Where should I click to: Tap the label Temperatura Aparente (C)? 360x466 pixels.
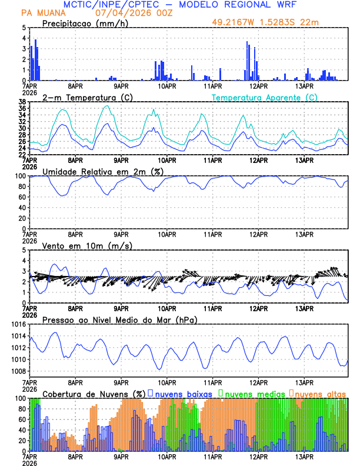264,97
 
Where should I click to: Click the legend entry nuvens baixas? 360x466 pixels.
180,393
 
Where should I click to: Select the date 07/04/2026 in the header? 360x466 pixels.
117,12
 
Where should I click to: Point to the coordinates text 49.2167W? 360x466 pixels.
234,24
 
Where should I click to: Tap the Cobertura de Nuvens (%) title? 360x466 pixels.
94,393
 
